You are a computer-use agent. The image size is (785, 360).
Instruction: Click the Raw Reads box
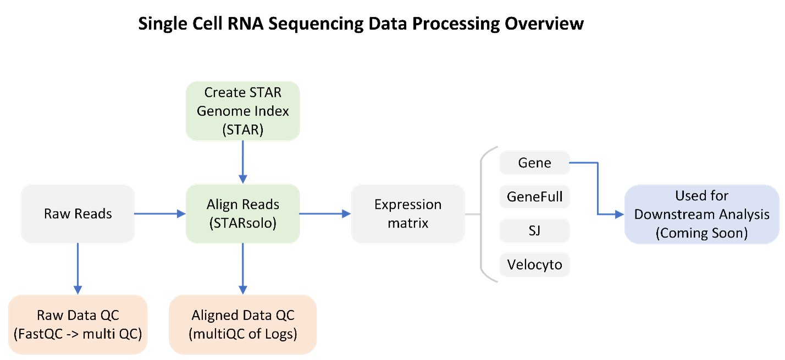pos(78,214)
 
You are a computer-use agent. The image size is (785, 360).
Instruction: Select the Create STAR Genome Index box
pos(242,110)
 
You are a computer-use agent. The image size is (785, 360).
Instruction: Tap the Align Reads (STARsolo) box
pos(242,214)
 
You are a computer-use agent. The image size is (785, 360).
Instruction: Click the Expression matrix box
pos(407,214)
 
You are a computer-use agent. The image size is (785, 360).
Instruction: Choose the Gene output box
pos(534,163)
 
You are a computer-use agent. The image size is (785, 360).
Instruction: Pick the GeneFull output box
pos(534,197)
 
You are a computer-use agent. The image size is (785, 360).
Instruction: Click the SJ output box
pos(534,231)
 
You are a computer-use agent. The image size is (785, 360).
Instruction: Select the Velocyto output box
pos(534,264)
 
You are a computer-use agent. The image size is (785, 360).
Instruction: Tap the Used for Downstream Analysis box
pos(701,214)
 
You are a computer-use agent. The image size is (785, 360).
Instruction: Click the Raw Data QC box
pos(78,324)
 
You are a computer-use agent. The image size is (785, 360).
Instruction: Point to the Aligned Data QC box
pos(242,324)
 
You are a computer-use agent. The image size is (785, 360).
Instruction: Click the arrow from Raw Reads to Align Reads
pos(159,214)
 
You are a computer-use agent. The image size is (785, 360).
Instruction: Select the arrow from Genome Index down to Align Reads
pos(242,162)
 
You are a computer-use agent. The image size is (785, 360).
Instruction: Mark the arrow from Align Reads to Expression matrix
pos(325,214)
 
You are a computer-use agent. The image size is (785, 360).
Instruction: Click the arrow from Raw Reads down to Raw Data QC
pos(78,269)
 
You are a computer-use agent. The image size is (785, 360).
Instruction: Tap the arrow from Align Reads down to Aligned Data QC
pos(242,269)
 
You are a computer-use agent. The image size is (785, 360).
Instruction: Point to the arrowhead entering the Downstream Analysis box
pos(618,214)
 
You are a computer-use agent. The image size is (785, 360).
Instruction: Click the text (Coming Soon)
pos(701,232)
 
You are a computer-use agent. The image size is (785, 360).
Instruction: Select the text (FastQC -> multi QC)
pos(78,333)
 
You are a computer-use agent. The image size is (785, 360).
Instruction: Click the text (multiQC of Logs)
pos(242,333)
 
